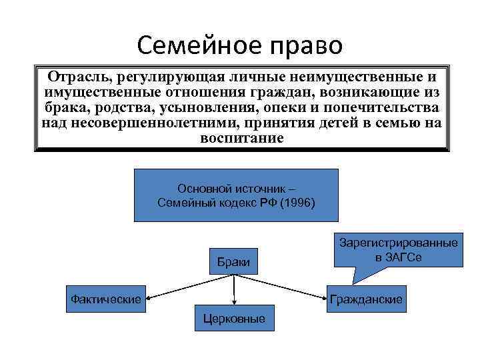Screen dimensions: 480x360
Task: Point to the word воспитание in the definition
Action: coord(241,139)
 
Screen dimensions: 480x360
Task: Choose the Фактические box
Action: coord(106,299)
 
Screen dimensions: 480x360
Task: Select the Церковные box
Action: coord(234,319)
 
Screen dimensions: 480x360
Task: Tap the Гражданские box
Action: coord(366,300)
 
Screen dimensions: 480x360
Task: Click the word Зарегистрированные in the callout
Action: coord(399,243)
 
